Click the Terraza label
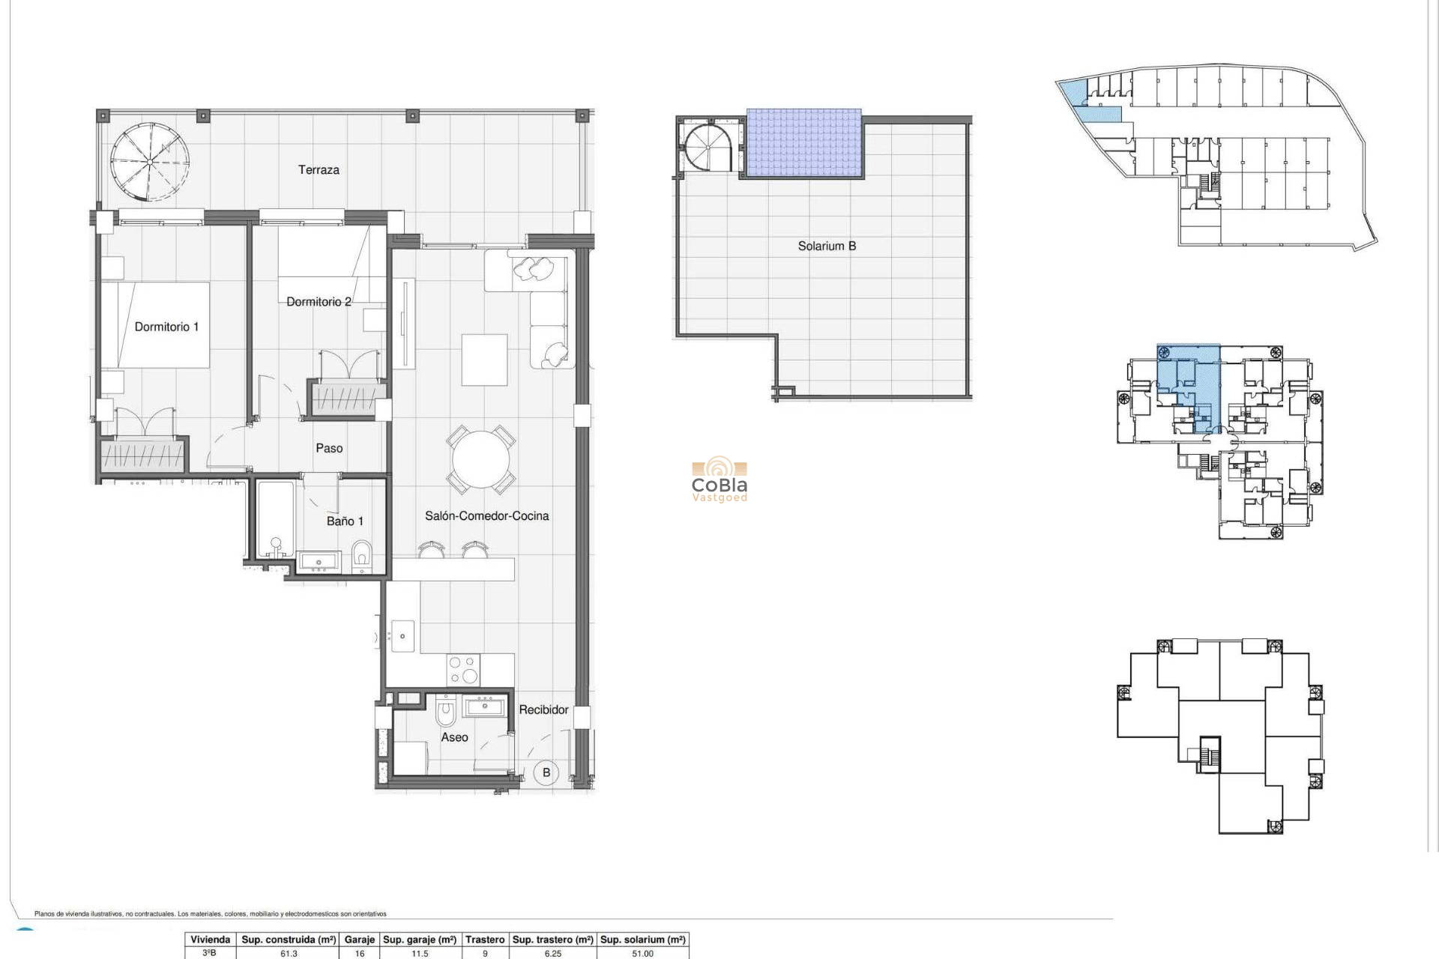click(x=319, y=170)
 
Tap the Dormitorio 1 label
click(x=166, y=327)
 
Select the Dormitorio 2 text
click(x=319, y=302)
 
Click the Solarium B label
click(x=827, y=246)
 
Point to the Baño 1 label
click(x=345, y=521)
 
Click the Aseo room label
click(x=454, y=737)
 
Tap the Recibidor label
click(x=543, y=710)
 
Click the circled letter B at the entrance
click(x=546, y=772)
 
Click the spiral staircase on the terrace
click(x=149, y=162)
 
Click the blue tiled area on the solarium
click(x=803, y=142)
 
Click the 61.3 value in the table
click(x=289, y=954)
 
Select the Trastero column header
click(x=484, y=940)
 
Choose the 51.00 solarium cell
click(x=642, y=954)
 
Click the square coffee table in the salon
click(x=483, y=360)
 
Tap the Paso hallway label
click(x=329, y=448)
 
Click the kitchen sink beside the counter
click(x=403, y=637)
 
